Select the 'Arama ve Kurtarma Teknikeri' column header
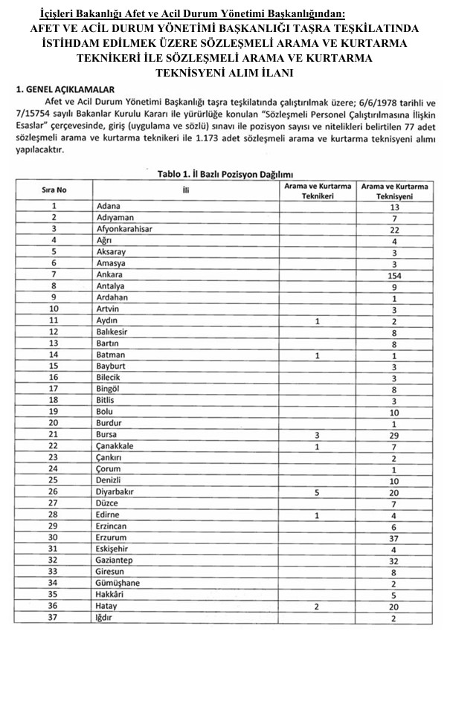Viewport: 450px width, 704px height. [x=317, y=190]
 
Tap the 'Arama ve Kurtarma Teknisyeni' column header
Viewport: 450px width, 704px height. [x=394, y=190]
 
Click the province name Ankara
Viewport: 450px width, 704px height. [x=110, y=274]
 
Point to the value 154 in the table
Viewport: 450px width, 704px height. [x=394, y=274]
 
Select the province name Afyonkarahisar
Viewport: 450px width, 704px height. [x=124, y=229]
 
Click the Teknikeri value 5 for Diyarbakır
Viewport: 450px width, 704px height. [x=317, y=491]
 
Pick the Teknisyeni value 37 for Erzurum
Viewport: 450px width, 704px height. [x=394, y=537]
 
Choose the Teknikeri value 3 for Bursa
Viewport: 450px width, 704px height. [x=317, y=434]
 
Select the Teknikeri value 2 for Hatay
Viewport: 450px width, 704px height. [x=317, y=607]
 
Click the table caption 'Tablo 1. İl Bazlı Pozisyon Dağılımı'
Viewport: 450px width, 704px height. [x=222, y=173]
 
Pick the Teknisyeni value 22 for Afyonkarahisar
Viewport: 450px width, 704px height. [x=394, y=229]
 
